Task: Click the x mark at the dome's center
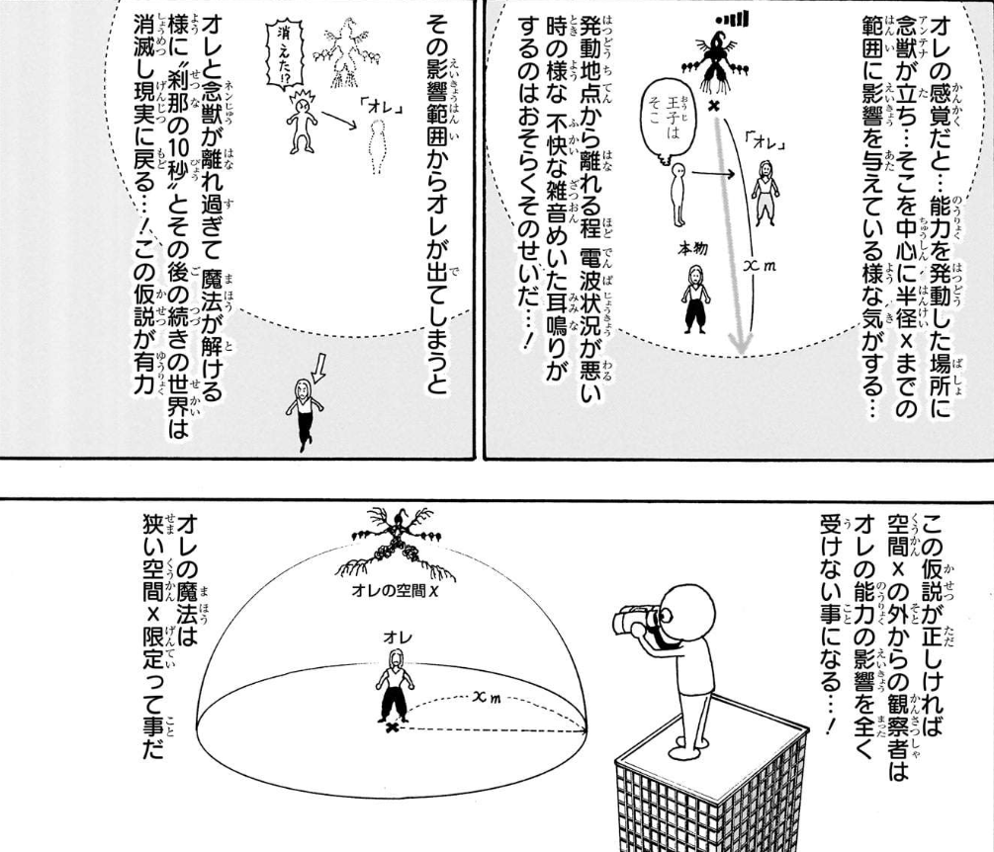394,727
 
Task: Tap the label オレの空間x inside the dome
395,590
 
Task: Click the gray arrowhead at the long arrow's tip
739,341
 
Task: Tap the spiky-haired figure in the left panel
303,121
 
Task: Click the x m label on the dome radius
487,697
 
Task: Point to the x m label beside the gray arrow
760,265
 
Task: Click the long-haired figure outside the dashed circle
306,413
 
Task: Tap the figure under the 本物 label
696,298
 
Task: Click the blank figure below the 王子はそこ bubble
678,194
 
